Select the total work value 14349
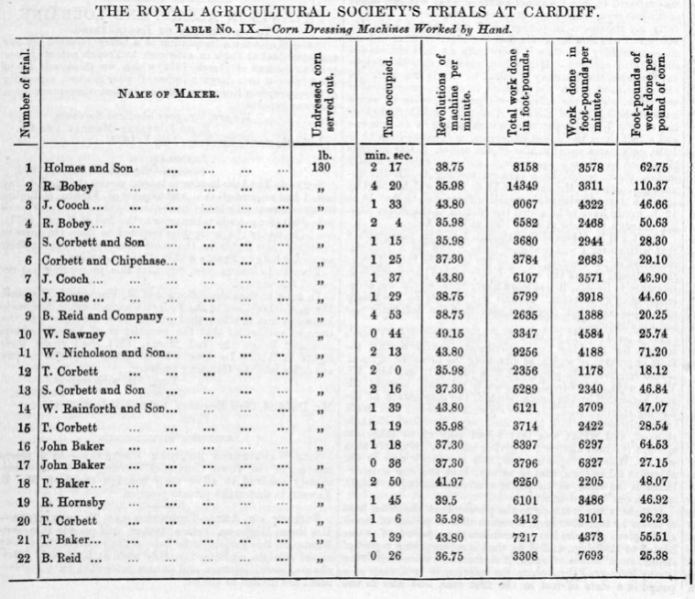(520, 185)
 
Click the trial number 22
(25, 556)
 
